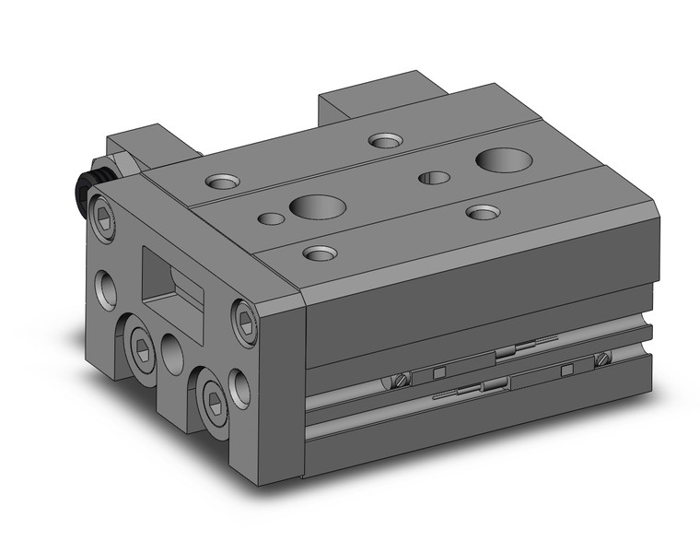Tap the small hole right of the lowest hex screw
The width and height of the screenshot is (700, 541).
tap(240, 388)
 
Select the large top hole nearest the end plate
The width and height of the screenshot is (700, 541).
tap(316, 206)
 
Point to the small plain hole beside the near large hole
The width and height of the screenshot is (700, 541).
tap(271, 219)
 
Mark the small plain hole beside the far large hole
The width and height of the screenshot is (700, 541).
tap(433, 177)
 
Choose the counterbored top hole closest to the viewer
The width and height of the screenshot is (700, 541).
tap(319, 253)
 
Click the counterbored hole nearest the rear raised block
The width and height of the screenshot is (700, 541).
tap(385, 140)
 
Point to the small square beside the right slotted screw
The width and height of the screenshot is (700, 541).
tap(566, 370)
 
